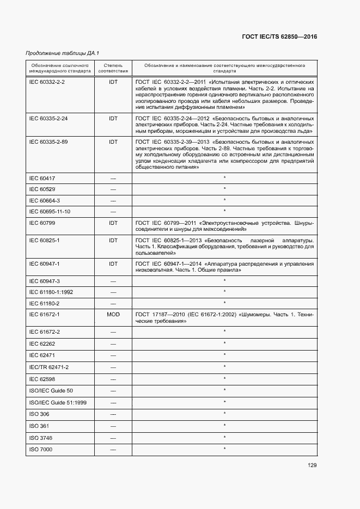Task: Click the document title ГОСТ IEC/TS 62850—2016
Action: click(x=279, y=36)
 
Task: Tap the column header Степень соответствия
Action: click(x=113, y=68)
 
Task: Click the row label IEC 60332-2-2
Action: click(x=47, y=81)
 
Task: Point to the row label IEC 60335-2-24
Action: click(x=48, y=118)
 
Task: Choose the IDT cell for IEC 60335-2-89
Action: click(x=113, y=142)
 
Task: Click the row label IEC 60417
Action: click(x=42, y=178)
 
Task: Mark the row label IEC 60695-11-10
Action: click(x=50, y=211)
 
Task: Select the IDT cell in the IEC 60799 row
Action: click(x=113, y=223)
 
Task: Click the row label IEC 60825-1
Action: click(x=44, y=240)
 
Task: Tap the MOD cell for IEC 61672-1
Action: click(x=113, y=315)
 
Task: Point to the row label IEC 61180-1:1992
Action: click(x=51, y=292)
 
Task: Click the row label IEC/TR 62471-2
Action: click(x=48, y=367)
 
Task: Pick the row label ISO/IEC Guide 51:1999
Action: click(x=54, y=402)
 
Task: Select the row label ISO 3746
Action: click(x=40, y=438)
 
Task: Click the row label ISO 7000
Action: click(x=40, y=449)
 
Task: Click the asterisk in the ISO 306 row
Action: click(x=224, y=414)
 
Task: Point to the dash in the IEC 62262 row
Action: click(x=113, y=344)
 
